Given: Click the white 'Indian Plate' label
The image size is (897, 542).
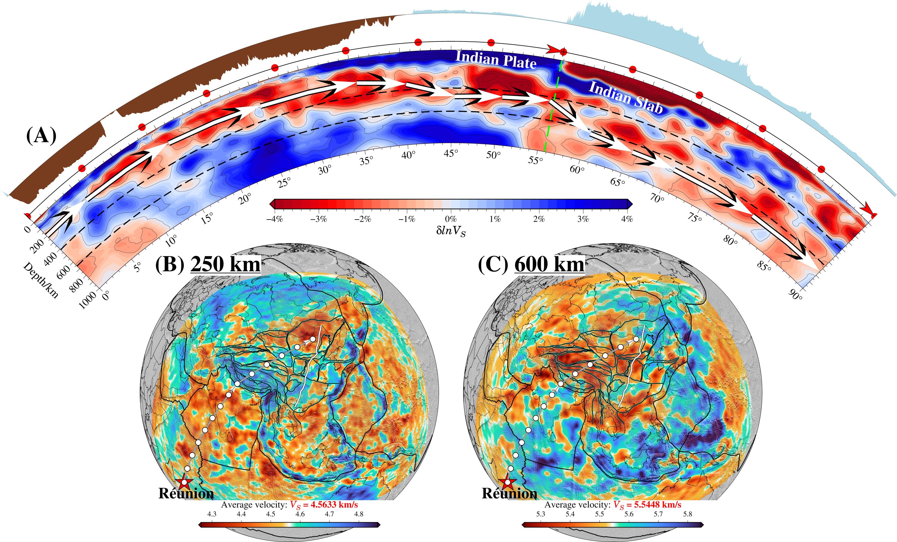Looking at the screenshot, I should pos(496,60).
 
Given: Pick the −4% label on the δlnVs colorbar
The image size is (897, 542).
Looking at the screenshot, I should pos(274,219).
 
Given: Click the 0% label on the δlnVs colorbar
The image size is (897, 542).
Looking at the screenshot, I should pos(451,219).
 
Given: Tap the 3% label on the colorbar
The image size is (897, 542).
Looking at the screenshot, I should pos(583,219).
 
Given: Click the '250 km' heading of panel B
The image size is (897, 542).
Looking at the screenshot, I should pos(226,264).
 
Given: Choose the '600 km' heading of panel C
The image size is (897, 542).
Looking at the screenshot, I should pos(549,264).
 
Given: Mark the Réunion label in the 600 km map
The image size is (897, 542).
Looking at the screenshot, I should pos(509,494).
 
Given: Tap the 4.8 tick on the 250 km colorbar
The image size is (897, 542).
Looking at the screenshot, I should pos(359,514).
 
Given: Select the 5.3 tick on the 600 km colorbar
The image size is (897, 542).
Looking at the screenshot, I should pos(541,514).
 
